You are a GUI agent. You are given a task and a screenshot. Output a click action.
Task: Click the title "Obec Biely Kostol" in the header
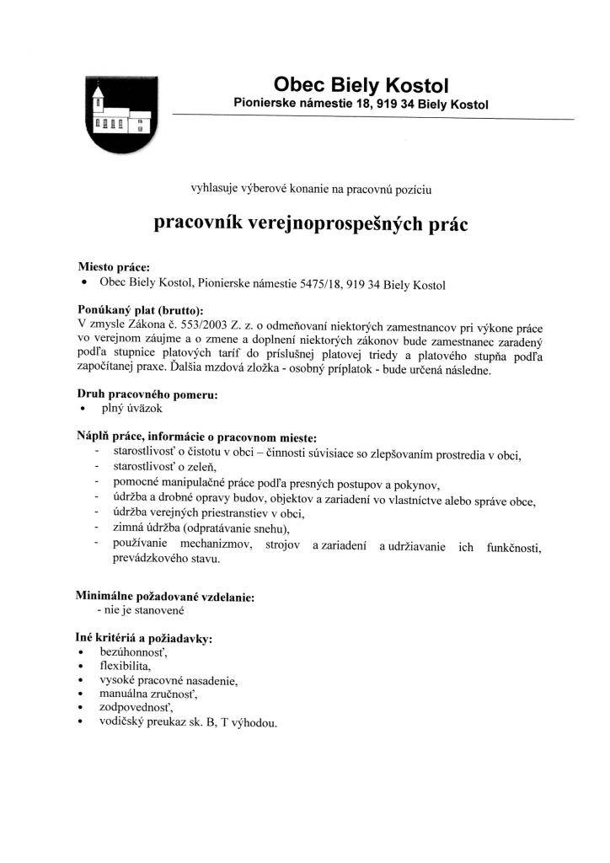pyautogui.click(x=361, y=84)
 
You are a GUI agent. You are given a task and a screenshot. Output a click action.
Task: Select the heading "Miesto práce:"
pyautogui.click(x=114, y=267)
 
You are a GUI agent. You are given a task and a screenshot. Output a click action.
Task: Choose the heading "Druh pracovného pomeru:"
pyautogui.click(x=147, y=394)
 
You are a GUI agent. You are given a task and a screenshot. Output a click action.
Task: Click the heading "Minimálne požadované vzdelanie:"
pyautogui.click(x=165, y=596)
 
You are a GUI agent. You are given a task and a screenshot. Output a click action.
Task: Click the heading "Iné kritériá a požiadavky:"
pyautogui.click(x=144, y=639)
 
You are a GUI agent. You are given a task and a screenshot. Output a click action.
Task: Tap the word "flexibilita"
pyautogui.click(x=125, y=666)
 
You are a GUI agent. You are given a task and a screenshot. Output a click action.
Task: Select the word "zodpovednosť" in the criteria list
pyautogui.click(x=135, y=708)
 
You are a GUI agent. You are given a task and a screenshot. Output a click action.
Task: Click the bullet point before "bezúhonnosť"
pyautogui.click(x=81, y=653)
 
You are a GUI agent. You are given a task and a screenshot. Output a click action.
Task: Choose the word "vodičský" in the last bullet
pyautogui.click(x=122, y=722)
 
